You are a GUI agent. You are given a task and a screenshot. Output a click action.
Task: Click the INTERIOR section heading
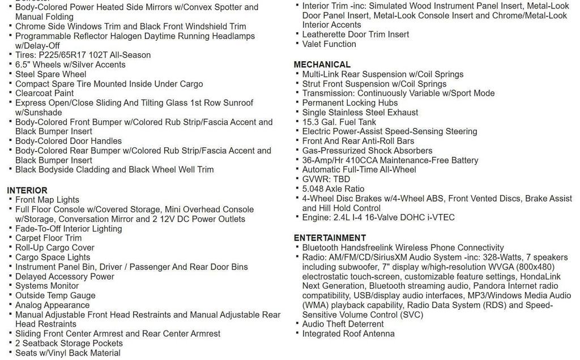tap(27, 190)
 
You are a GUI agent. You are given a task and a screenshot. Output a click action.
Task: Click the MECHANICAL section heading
tap(322, 65)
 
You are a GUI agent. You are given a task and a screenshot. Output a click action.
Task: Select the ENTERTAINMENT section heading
tap(330, 238)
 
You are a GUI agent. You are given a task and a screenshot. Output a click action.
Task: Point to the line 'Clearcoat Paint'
tap(44, 93)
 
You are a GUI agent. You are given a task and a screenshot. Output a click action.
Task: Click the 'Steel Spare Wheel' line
tap(50, 74)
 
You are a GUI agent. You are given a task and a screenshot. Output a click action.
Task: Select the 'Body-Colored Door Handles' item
tap(69, 141)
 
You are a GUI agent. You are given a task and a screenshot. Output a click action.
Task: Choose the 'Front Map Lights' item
tap(47, 200)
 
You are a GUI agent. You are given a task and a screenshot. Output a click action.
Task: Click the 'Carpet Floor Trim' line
tap(48, 238)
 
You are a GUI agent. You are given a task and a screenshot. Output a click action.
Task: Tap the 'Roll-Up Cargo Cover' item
tap(54, 248)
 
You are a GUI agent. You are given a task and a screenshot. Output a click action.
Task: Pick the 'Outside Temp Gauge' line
tap(55, 295)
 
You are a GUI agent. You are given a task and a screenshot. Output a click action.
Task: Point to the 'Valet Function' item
tap(329, 44)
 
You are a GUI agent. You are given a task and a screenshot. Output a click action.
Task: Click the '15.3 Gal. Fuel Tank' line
tap(339, 122)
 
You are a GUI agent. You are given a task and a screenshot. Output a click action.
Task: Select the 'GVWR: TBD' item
tap(326, 179)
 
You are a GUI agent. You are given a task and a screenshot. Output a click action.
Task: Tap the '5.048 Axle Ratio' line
tap(333, 189)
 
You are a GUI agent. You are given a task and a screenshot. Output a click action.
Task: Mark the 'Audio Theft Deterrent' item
tap(343, 324)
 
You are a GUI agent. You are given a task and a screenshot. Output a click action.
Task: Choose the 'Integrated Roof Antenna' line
tap(348, 334)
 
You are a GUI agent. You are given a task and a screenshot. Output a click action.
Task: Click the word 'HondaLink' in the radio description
tap(539, 276)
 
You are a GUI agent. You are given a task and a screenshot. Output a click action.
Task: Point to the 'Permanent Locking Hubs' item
tap(349, 103)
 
